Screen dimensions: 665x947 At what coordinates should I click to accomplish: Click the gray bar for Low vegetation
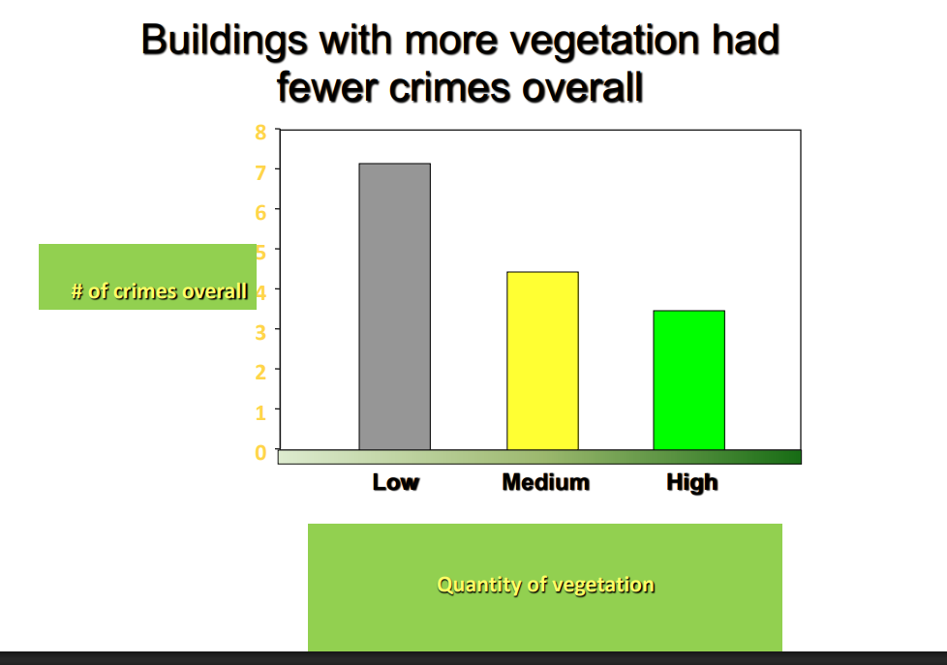[394, 306]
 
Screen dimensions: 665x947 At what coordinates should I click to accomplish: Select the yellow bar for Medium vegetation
[542, 360]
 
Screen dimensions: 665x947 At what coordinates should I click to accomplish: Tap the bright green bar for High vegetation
[688, 379]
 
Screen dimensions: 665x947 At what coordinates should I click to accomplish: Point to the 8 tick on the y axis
[260, 133]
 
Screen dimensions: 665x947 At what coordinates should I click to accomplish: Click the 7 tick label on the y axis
[260, 170]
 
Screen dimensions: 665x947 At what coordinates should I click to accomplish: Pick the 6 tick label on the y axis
[260, 210]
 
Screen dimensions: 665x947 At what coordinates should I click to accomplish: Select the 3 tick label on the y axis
[260, 331]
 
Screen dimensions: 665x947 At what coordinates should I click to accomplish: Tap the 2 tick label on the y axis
[260, 372]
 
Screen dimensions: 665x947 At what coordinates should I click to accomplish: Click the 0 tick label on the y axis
[260, 452]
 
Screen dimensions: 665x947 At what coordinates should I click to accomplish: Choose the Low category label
[396, 482]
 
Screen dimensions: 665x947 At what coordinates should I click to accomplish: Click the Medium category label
[545, 482]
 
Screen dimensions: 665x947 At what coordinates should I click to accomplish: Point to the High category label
[692, 482]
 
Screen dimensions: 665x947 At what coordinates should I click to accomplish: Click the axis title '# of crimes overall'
[160, 290]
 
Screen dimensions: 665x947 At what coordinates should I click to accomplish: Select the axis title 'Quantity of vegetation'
[545, 585]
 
